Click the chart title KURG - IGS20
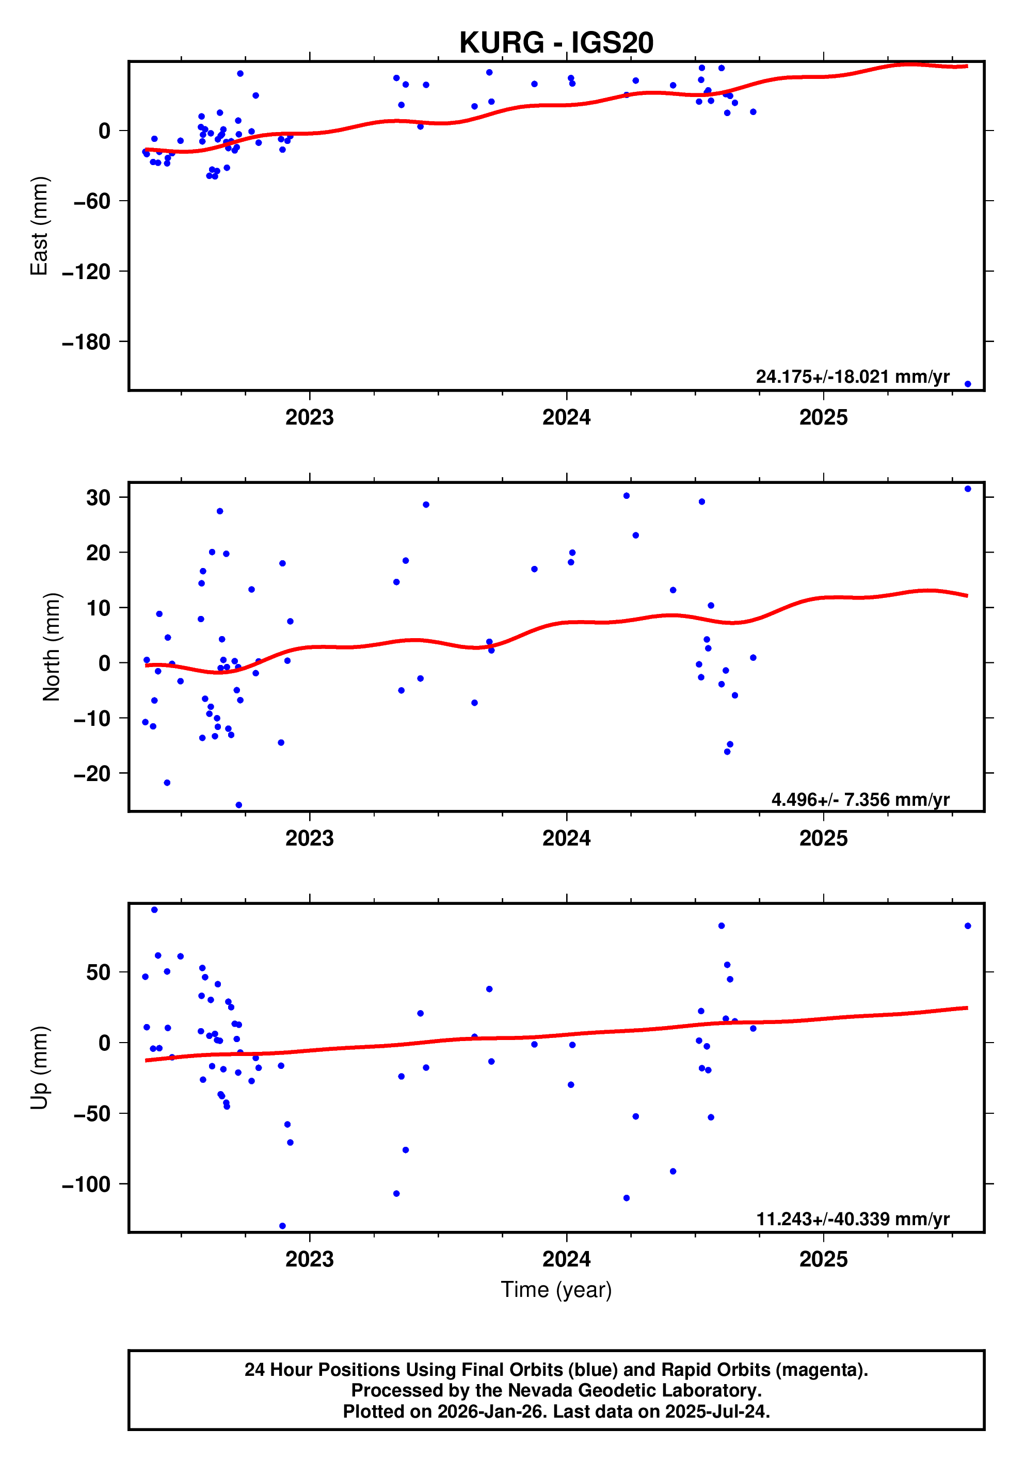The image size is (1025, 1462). coord(556,43)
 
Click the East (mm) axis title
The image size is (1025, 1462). coord(40,226)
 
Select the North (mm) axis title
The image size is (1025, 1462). coord(52,647)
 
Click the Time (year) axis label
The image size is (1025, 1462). coord(556,1289)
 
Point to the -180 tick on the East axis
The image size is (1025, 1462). coord(86,343)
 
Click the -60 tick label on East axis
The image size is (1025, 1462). coord(92,202)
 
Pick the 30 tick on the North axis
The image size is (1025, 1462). coord(98,498)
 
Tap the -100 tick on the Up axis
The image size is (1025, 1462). coord(86,1184)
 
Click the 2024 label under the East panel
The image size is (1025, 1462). coord(566,418)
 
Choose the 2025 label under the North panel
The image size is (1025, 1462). coord(823,839)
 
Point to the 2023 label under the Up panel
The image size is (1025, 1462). coord(310,1259)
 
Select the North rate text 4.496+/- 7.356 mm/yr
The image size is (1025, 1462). coord(860,800)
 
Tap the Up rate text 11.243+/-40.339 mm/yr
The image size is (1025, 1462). coord(853,1219)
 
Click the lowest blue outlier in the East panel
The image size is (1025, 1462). coord(968,384)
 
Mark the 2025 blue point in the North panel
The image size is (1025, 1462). coord(968,489)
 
